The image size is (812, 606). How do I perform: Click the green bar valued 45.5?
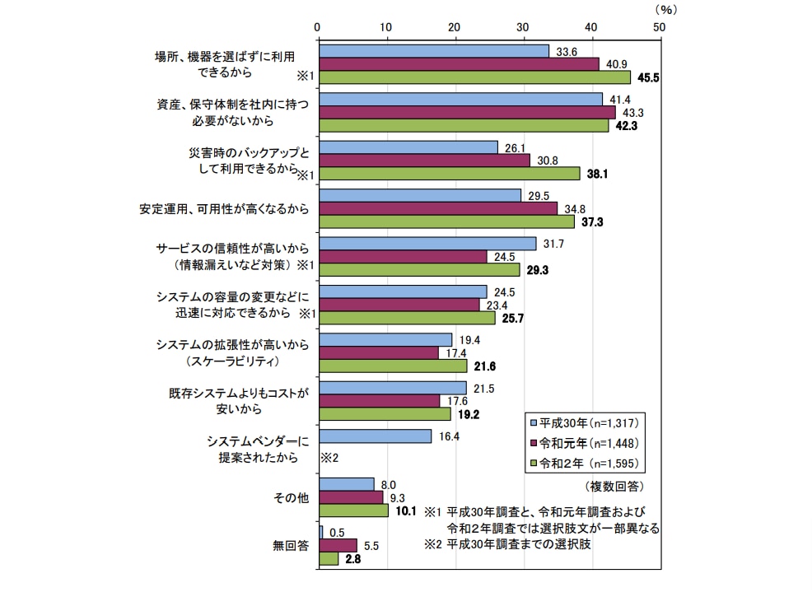(x=474, y=77)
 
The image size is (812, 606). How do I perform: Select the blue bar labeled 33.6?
(x=433, y=51)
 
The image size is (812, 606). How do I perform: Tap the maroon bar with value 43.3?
(x=466, y=112)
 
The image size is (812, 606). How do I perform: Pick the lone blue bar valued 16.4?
(x=375, y=436)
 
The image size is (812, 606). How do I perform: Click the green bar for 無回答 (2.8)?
(x=329, y=559)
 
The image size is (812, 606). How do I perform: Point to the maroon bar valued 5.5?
(x=338, y=546)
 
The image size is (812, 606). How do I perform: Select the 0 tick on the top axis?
(x=319, y=27)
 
